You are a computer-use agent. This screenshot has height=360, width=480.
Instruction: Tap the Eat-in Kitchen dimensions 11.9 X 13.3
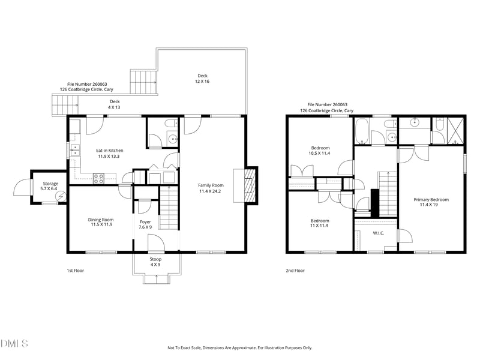[109, 157]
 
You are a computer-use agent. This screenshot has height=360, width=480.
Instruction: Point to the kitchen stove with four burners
[98, 178]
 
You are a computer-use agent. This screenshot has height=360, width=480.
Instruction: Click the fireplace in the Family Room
[250, 185]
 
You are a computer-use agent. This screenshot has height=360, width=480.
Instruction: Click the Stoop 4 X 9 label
[155, 262]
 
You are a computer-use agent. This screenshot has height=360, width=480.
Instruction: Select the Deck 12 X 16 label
[202, 79]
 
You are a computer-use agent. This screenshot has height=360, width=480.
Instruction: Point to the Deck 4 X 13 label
[115, 104]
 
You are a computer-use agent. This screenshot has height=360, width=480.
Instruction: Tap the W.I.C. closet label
[379, 233]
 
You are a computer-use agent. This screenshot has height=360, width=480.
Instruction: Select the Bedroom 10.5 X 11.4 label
[320, 151]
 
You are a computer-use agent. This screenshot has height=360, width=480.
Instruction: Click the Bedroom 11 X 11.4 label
[320, 223]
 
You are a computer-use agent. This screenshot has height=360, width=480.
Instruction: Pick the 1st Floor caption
[76, 271]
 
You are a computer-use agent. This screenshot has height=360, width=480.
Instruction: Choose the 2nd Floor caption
[295, 271]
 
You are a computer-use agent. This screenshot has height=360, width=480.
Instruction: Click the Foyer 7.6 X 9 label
[145, 224]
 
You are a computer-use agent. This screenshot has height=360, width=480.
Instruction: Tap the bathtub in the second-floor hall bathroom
[362, 131]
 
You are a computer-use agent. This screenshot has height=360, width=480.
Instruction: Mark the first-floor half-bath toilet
[171, 123]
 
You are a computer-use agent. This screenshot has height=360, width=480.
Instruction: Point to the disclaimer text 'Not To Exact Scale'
[184, 348]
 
